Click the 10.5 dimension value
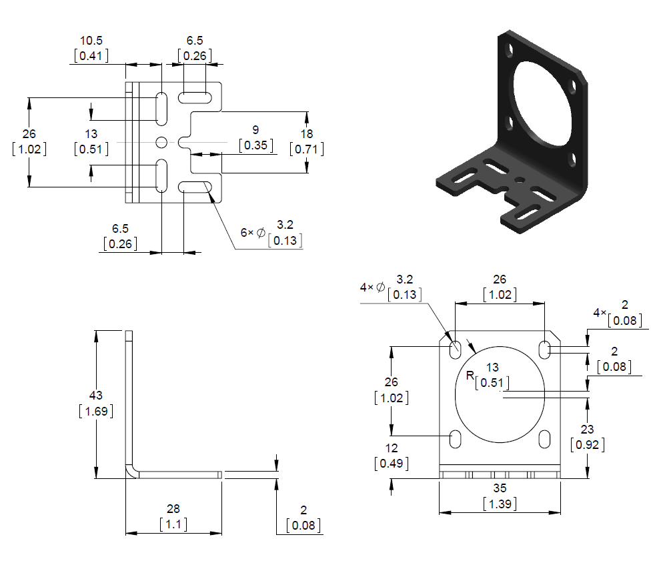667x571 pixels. pyautogui.click(x=90, y=41)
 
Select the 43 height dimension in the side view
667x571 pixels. pyautogui.click(x=96, y=395)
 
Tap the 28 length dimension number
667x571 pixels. pyautogui.click(x=173, y=508)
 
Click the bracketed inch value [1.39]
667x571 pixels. pyautogui.click(x=499, y=504)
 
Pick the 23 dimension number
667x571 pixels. pyautogui.click(x=587, y=430)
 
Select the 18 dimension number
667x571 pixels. pyautogui.click(x=307, y=133)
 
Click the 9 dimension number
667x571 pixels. pyautogui.click(x=255, y=129)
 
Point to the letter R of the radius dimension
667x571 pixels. pyautogui.click(x=470, y=376)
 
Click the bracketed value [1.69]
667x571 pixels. pyautogui.click(x=96, y=411)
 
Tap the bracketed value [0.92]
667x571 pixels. pyautogui.click(x=587, y=445)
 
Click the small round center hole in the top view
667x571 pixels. pyautogui.click(x=161, y=142)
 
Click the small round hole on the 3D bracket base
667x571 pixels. pyautogui.click(x=519, y=179)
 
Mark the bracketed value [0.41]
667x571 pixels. pyautogui.click(x=90, y=56)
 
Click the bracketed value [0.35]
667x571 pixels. pyautogui.click(x=255, y=145)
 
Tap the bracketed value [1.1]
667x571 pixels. pyautogui.click(x=173, y=524)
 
